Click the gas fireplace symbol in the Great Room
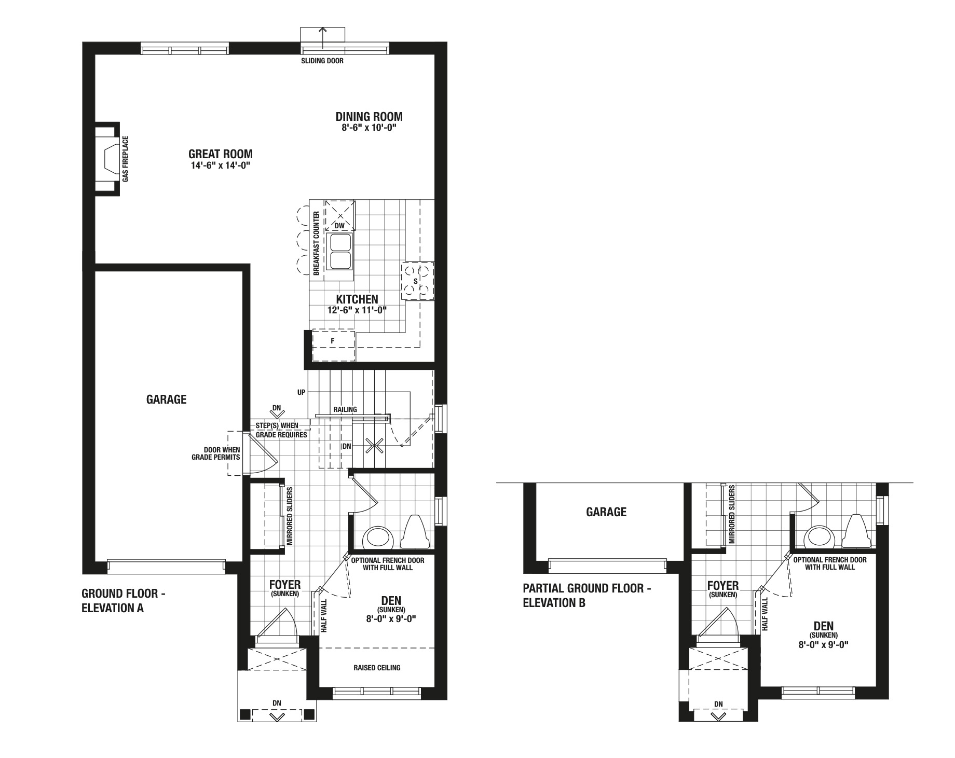107,159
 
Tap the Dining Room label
369,117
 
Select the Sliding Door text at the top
322,61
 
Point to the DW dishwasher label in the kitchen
339,226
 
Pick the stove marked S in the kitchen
417,281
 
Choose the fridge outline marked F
333,346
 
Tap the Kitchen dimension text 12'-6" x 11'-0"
357,310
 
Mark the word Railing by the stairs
345,409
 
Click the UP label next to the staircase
302,393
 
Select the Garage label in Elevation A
166,399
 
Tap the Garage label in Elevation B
606,513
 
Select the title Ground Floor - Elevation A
124,601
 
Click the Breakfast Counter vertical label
316,243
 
